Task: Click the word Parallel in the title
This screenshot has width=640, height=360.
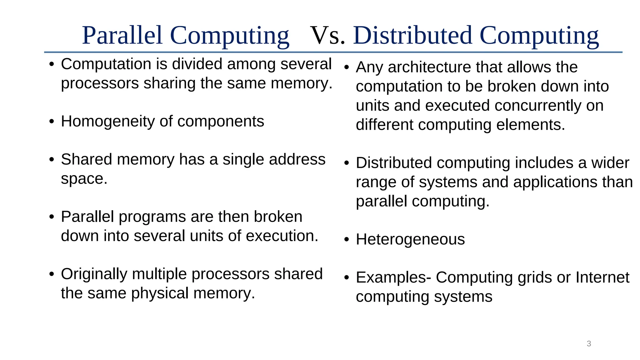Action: coord(122,35)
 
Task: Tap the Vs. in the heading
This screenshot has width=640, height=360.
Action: coord(328,35)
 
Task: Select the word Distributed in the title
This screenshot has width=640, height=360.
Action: coord(412,35)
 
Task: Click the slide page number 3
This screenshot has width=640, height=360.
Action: coord(589,344)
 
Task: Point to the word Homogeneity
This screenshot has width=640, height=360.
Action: coord(108,121)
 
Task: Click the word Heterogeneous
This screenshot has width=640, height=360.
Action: coord(410,239)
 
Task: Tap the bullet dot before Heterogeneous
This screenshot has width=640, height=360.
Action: coord(346,240)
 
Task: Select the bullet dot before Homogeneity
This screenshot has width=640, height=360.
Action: coord(52,122)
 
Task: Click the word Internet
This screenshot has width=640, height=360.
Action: coord(602,277)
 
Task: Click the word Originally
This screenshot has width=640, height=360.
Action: coord(94,274)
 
